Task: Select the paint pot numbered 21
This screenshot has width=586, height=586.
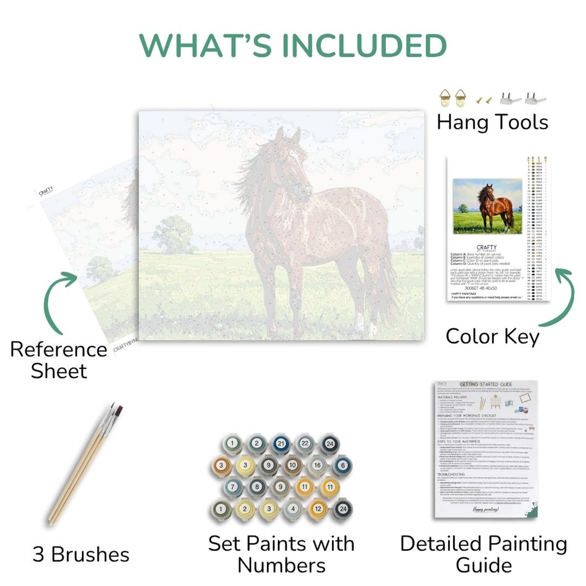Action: point(281,444)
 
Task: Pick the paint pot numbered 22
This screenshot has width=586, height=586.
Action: point(305,444)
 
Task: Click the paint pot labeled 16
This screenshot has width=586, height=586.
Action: point(317,466)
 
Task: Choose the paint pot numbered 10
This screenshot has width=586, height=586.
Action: point(292,466)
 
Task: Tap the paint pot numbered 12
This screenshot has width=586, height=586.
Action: point(318,509)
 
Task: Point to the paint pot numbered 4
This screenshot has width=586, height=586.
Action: point(293,509)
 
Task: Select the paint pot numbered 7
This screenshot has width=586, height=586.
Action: point(233,487)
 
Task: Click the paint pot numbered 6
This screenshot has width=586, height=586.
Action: point(343,466)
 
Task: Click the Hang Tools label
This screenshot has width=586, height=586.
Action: point(492,122)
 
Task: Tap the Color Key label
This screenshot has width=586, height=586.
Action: point(492,336)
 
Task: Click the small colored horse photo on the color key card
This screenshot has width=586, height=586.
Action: point(487,206)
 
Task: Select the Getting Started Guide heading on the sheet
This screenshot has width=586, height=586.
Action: point(486,384)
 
